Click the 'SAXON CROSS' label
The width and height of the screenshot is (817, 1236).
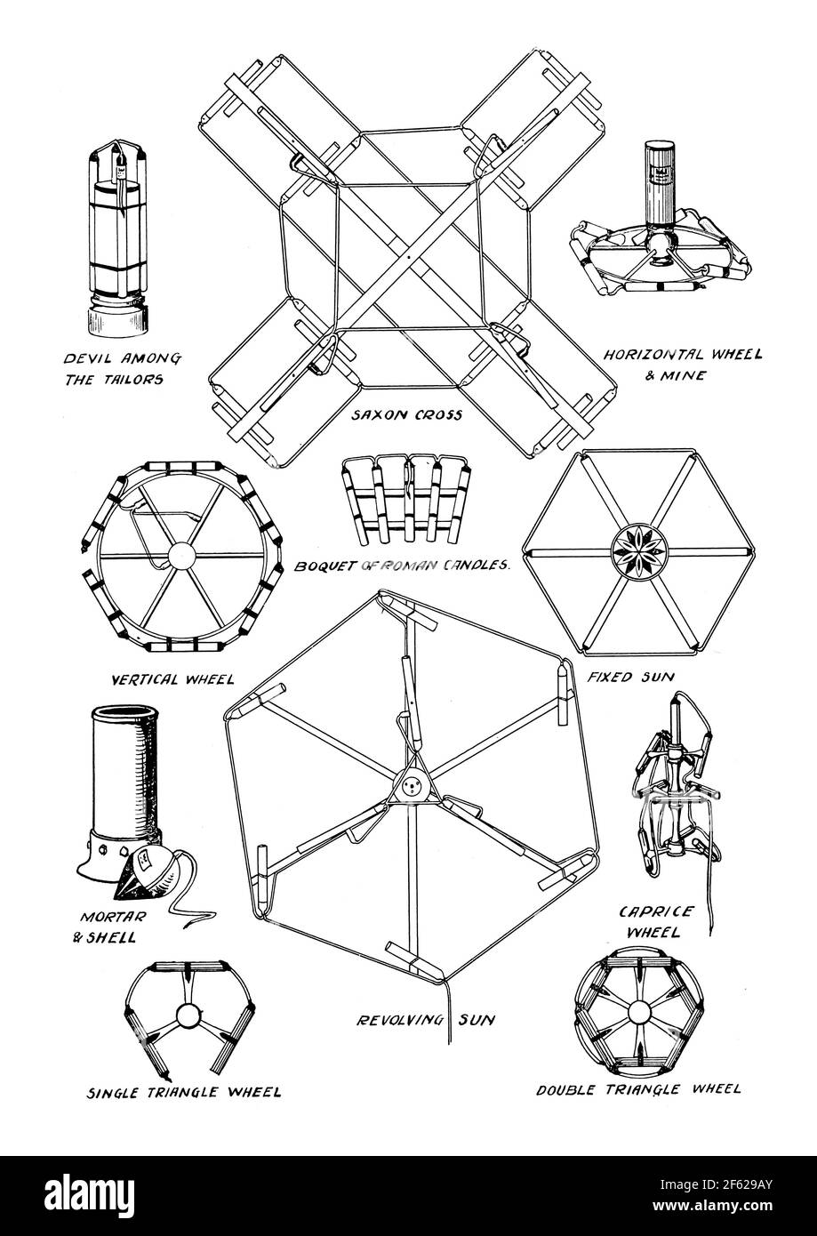406,414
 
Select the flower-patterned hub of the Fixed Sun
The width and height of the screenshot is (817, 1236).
639,550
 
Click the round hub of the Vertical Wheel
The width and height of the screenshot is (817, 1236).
180,557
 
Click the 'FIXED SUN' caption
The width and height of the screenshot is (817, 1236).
630,677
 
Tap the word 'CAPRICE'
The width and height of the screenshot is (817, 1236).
655,911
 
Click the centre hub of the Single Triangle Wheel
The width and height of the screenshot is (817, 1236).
189,1015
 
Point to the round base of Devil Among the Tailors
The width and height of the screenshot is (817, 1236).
117,321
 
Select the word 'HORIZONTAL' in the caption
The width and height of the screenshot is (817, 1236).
653,354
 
